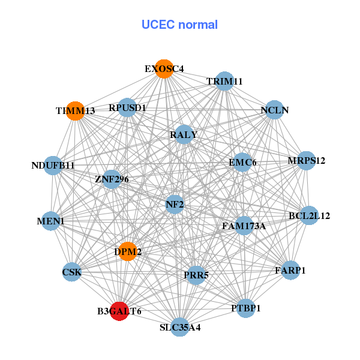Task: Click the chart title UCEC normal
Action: pyautogui.click(x=179, y=25)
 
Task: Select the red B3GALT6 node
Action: pyautogui.click(x=119, y=311)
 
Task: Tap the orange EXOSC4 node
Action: pyautogui.click(x=164, y=68)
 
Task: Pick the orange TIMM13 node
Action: pyautogui.click(x=76, y=111)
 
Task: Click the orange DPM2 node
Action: pyautogui.click(x=128, y=252)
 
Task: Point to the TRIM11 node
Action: pyautogui.click(x=224, y=81)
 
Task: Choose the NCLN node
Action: pyautogui.click(x=274, y=110)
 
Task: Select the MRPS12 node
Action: pyautogui.click(x=307, y=160)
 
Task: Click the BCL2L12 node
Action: pyautogui.click(x=308, y=215)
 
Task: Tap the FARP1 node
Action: pyautogui.click(x=290, y=270)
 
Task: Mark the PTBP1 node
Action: pyautogui.click(x=245, y=308)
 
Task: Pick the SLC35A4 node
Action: pyautogui.click(x=180, y=327)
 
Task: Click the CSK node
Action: pyautogui.click(x=72, y=273)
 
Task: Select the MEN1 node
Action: pyautogui.click(x=51, y=221)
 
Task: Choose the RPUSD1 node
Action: pyautogui.click(x=127, y=108)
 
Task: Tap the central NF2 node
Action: pyautogui.click(x=175, y=205)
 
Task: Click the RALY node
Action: pyautogui.click(x=184, y=135)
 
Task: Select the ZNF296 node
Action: pyautogui.click(x=112, y=179)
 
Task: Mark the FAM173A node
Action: pyautogui.click(x=244, y=226)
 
